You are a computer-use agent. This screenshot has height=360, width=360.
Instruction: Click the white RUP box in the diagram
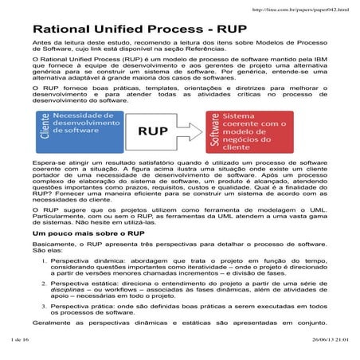click(163, 131)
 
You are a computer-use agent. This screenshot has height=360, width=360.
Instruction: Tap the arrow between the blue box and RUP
click(130, 131)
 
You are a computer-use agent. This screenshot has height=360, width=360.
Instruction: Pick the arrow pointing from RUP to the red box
click(198, 131)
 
